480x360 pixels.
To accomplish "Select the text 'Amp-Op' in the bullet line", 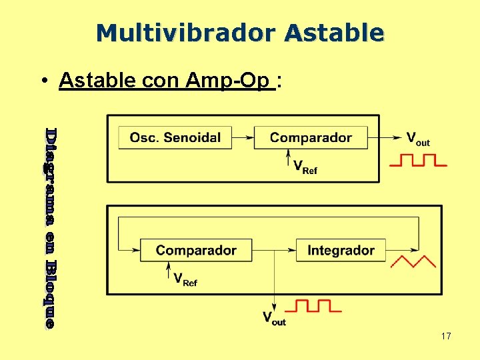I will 230,80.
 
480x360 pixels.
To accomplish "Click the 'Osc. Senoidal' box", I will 175,138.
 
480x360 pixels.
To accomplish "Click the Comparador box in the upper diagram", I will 311,138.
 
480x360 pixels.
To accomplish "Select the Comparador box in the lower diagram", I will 196,251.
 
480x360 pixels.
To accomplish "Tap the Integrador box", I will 341,251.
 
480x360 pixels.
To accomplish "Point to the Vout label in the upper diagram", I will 418,139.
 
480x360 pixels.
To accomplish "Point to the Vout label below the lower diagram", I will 273,318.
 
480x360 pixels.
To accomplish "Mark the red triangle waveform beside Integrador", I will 413,261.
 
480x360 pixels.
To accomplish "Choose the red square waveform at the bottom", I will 313,306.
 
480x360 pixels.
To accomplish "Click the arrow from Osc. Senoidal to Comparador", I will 243,138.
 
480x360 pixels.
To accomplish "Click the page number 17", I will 446,336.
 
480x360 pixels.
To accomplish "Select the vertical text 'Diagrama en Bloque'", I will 50,227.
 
